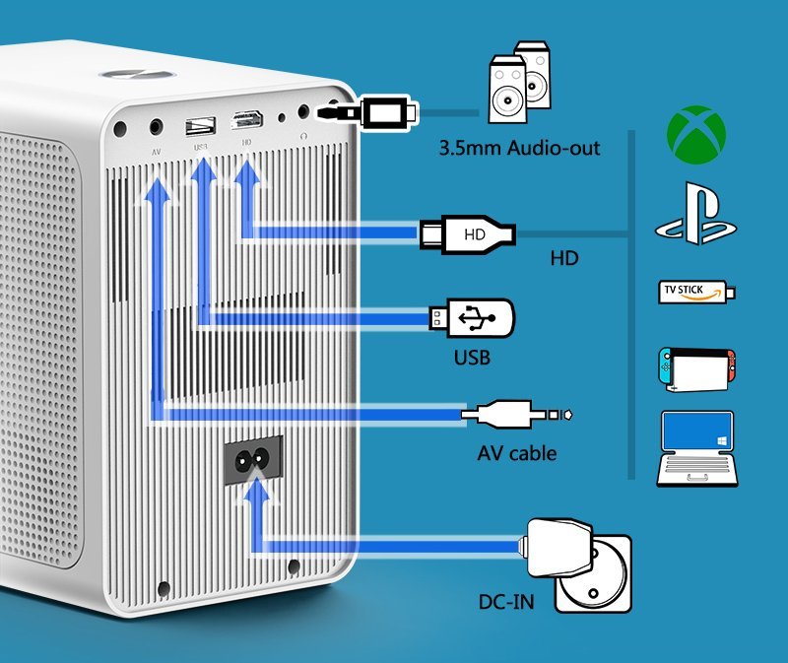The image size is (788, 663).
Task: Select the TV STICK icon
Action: pyautogui.click(x=695, y=293)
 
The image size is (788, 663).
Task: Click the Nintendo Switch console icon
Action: pyautogui.click(x=695, y=367)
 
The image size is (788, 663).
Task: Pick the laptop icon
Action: pyautogui.click(x=695, y=448)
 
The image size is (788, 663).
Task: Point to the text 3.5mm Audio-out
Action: pyautogui.click(x=520, y=150)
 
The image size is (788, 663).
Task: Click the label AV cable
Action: pyautogui.click(x=517, y=453)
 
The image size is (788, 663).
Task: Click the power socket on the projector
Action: pyautogui.click(x=252, y=460)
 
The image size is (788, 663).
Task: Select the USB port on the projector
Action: pyautogui.click(x=200, y=125)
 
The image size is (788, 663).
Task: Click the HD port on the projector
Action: pyautogui.click(x=245, y=121)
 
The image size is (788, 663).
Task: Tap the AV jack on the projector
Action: pyautogui.click(x=156, y=126)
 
